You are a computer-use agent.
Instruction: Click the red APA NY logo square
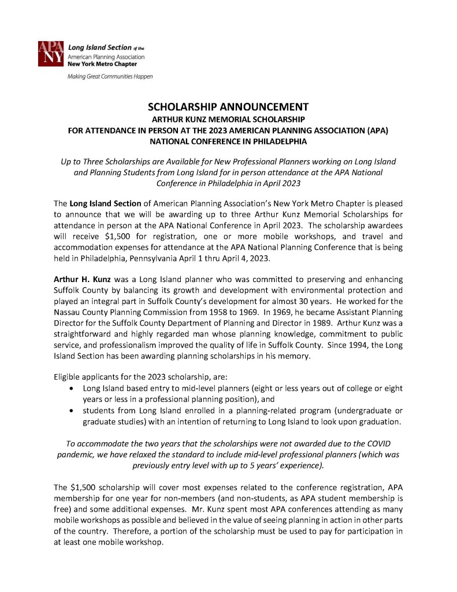[x=51, y=54]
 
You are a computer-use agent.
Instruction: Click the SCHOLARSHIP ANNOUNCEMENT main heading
[x=228, y=107]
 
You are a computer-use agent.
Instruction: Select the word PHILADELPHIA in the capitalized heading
[x=277, y=141]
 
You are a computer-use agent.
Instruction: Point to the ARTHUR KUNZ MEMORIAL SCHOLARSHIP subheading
[x=228, y=119]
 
